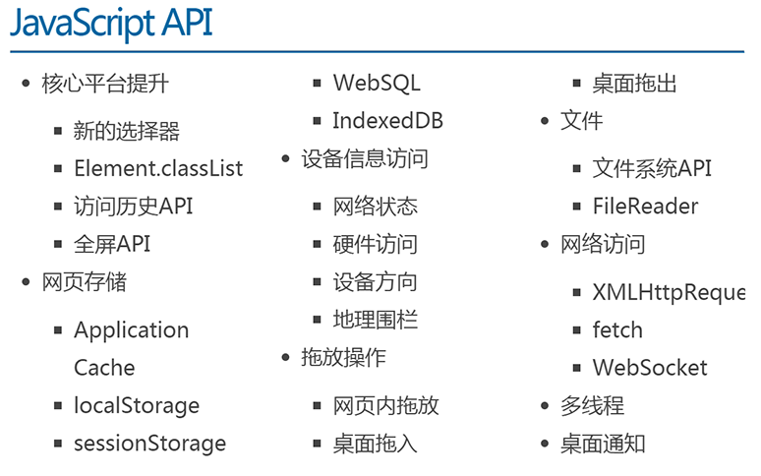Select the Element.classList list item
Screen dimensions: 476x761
pos(158,168)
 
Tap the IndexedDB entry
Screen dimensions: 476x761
pos(387,121)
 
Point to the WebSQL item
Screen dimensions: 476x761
pos(377,84)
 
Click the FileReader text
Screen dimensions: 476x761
pos(645,207)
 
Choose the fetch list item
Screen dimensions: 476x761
pos(617,330)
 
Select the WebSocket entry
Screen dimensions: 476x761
pos(650,368)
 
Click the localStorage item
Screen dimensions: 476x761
pos(137,405)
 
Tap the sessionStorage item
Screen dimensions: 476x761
pos(149,444)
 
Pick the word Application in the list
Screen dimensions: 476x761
pos(131,330)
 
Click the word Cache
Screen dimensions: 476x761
pos(104,368)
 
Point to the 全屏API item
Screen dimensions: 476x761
pos(112,244)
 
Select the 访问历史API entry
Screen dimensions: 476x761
pos(134,207)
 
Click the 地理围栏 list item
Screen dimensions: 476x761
pos(376,320)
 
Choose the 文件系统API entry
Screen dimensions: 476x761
pos(652,168)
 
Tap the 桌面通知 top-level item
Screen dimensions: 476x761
pos(603,444)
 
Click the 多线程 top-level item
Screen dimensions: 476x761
pos(592,405)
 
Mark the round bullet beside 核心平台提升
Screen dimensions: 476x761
pos(27,84)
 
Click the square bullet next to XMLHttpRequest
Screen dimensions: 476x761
pos(576,293)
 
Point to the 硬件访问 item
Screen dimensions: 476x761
pos(376,244)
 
